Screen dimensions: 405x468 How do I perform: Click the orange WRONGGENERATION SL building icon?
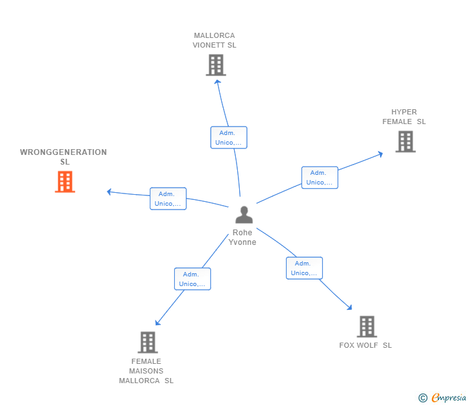pyautogui.click(x=65, y=182)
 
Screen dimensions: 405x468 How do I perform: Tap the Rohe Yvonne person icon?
pyautogui.click(x=244, y=215)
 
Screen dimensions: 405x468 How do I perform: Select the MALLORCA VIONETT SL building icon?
pyautogui.click(x=216, y=65)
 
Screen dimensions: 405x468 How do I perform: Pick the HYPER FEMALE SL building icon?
pyautogui.click(x=405, y=141)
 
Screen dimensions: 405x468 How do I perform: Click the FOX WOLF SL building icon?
pyautogui.click(x=366, y=327)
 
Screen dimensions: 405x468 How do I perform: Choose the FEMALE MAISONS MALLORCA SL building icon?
pyautogui.click(x=147, y=342)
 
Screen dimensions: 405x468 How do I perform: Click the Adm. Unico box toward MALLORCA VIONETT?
pyautogui.click(x=228, y=138)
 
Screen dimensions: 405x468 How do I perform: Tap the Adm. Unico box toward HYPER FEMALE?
pyautogui.click(x=319, y=177)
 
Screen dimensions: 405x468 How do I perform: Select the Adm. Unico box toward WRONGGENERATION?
pyautogui.click(x=168, y=199)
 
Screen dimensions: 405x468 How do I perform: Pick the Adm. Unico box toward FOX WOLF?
pyautogui.click(x=304, y=268)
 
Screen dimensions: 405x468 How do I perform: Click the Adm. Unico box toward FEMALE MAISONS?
pyautogui.click(x=192, y=279)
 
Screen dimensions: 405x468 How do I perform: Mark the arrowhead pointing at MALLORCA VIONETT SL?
pyautogui.click(x=217, y=81)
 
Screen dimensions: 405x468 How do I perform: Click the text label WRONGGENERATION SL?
pyautogui.click(x=64, y=157)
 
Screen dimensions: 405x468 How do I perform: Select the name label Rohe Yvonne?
pyautogui.click(x=243, y=237)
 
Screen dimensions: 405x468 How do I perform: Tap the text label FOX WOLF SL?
pyautogui.click(x=365, y=345)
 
